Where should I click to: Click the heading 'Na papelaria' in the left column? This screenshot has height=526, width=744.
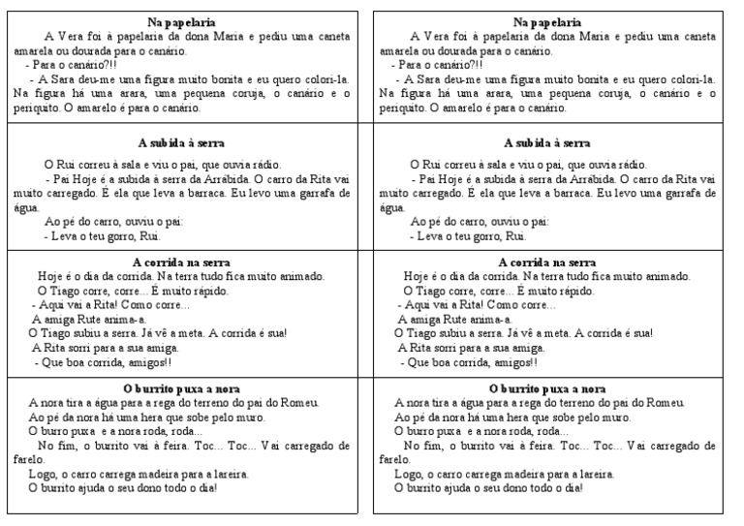(181, 21)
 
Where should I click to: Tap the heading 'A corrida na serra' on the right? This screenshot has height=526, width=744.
(547, 263)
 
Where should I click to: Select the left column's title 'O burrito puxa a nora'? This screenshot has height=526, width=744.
(181, 388)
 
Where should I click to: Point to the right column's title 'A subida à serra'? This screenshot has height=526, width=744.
(547, 142)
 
